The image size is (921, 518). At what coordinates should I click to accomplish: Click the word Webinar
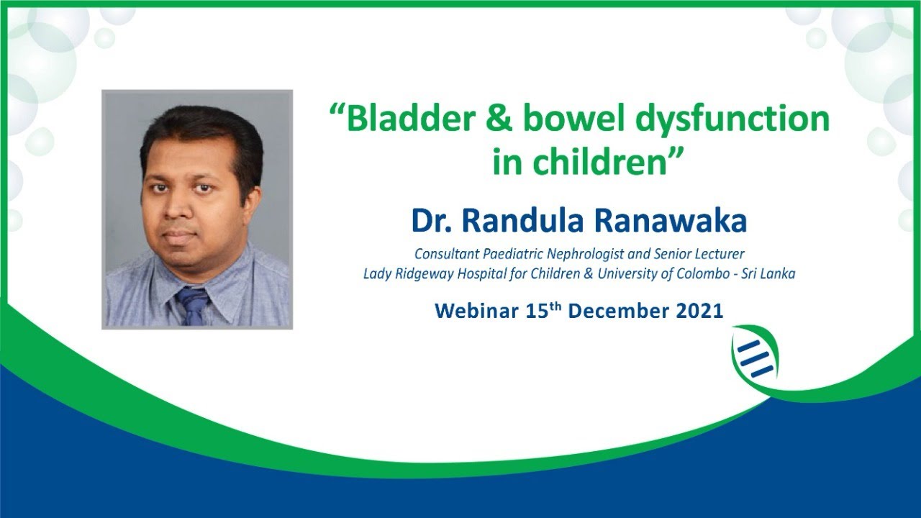click(x=472, y=312)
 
